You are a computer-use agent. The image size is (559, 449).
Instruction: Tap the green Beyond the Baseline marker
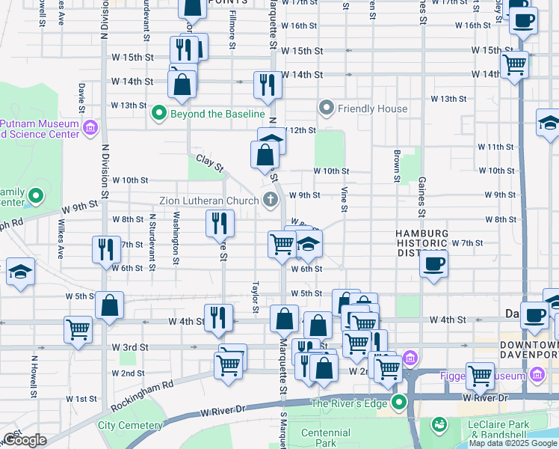158,114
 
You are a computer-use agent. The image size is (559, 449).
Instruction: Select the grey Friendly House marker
326,109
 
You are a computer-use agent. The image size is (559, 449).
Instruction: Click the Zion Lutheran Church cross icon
270,199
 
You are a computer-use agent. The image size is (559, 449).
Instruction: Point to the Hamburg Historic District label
422,244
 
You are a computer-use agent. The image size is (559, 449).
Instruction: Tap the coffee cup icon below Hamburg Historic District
433,263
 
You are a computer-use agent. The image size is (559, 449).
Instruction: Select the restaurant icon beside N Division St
105,248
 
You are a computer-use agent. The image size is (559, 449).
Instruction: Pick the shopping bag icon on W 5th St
109,305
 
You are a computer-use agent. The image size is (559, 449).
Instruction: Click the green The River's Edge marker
399,404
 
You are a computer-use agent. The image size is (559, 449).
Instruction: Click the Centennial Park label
325,438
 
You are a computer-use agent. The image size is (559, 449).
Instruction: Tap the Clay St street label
210,162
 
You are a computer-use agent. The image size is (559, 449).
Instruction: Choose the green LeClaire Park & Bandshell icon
439,426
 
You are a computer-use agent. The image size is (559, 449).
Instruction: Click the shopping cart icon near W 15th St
515,65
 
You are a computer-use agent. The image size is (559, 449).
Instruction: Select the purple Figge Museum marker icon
535,373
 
